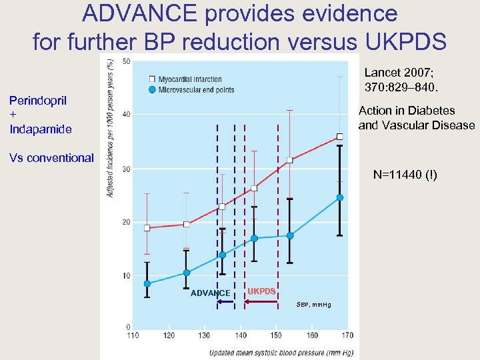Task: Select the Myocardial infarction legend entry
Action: click(190, 80)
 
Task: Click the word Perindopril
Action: click(37, 101)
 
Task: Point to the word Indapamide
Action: click(40, 129)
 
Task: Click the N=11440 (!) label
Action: click(405, 175)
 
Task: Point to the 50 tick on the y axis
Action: click(126, 62)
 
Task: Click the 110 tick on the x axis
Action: click(133, 335)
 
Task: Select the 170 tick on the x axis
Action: click(347, 335)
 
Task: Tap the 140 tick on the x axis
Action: click(240, 335)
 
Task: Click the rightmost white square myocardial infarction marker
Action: click(339, 137)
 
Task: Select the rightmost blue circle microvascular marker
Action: click(339, 197)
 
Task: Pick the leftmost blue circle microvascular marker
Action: click(147, 283)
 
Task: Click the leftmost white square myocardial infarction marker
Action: click(147, 228)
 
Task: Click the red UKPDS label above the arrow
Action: click(261, 291)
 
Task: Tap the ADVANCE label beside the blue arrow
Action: click(210, 293)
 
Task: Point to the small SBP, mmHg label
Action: click(312, 305)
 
